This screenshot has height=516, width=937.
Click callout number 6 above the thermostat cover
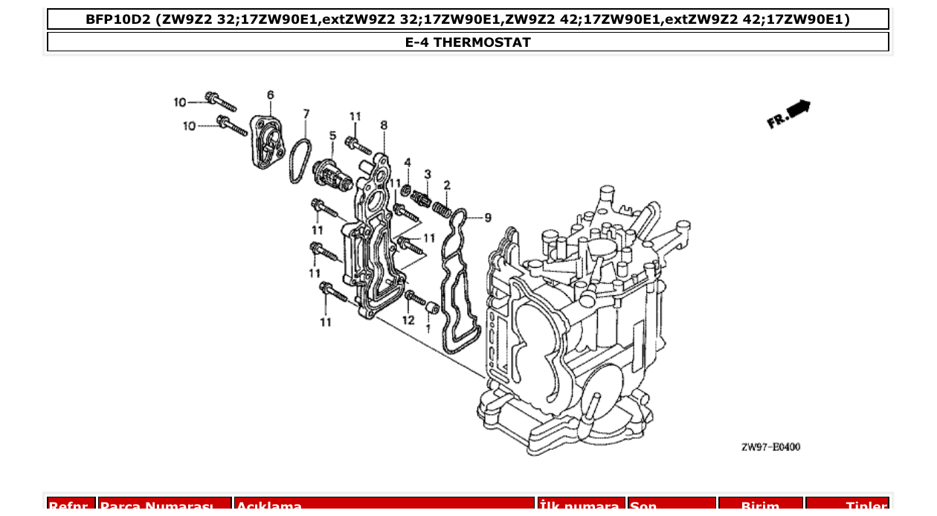pos(270,95)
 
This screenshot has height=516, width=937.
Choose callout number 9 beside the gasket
pos(488,217)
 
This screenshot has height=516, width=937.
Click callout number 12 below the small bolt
pos(408,320)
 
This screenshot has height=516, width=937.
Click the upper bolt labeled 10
pos(221,100)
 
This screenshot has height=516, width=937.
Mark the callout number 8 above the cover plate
pos(384,126)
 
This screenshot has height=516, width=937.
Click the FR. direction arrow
pos(790,114)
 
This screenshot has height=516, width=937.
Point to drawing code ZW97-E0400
pos(770,447)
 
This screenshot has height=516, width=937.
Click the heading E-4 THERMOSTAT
pos(468,42)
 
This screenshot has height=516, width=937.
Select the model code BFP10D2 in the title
pos(119,19)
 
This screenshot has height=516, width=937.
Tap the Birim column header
pos(760,506)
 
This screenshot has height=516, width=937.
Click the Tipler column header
pos(847,506)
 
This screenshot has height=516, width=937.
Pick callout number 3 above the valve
pos(428,174)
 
